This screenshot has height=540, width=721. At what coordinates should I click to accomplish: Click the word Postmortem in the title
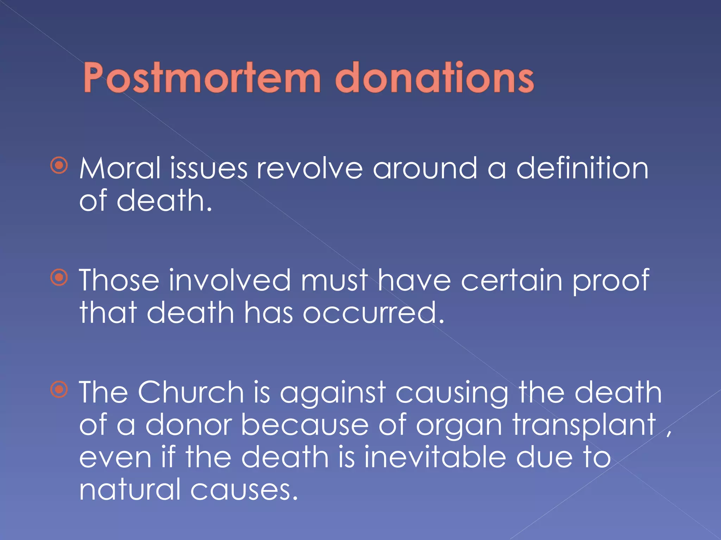[x=202, y=78]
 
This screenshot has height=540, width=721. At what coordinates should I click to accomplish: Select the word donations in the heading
[x=435, y=78]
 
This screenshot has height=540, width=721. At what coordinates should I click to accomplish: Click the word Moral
[x=120, y=169]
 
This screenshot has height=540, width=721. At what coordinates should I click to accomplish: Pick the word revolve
[x=309, y=169]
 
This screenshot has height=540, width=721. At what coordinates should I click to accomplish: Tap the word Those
[x=119, y=281]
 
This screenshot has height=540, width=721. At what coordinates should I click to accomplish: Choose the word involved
[x=230, y=281]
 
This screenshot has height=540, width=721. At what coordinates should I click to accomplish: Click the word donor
[x=189, y=425]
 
